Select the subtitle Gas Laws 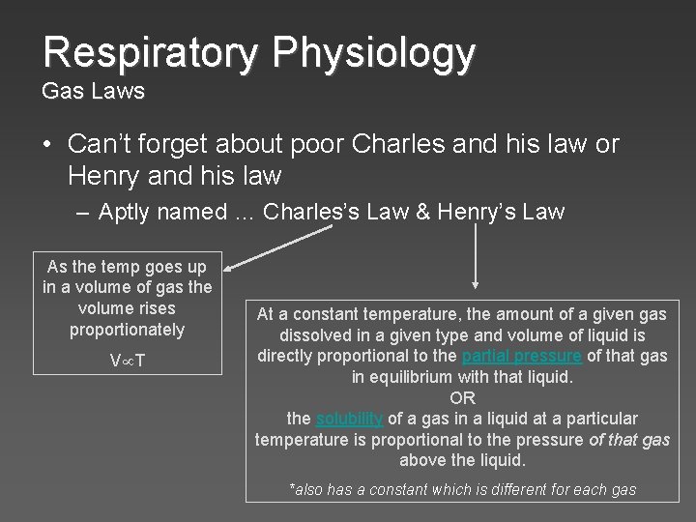click(x=93, y=93)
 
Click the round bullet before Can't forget click(x=47, y=146)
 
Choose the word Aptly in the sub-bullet click(x=125, y=213)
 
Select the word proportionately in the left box click(x=127, y=330)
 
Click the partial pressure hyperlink click(x=522, y=356)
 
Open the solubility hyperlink click(x=350, y=419)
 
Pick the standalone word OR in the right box click(x=462, y=397)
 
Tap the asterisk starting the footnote click(x=293, y=488)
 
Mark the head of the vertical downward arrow click(x=474, y=285)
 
